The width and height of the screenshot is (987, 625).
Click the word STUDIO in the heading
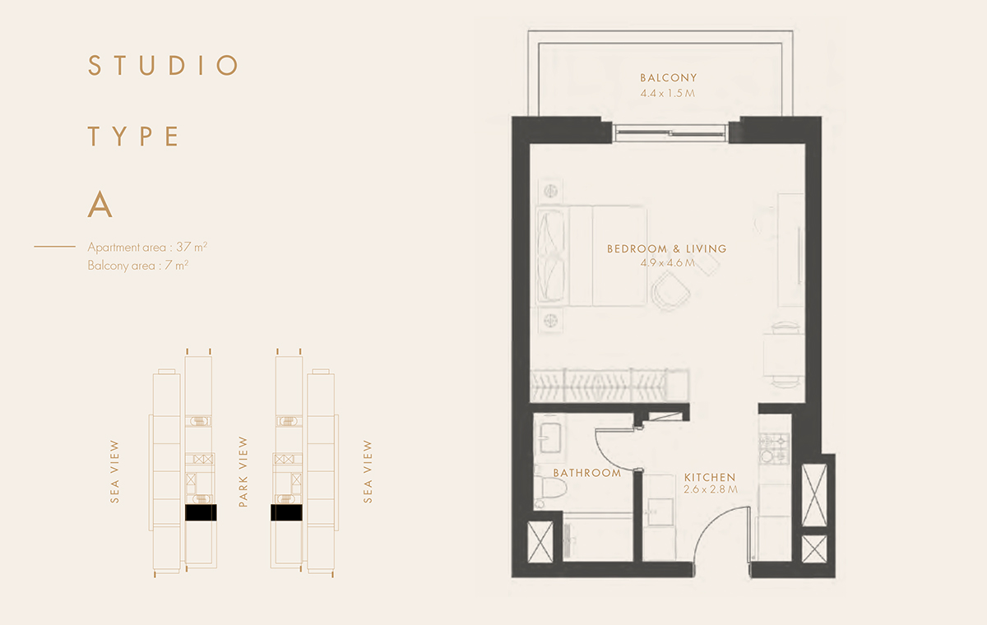point(163,66)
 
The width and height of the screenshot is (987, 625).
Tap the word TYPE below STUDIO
point(133,137)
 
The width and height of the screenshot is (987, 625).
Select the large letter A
point(100,206)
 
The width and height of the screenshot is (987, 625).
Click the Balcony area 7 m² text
point(138,266)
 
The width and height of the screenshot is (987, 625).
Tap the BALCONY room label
point(668,78)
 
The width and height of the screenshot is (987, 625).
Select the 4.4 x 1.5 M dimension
point(668,94)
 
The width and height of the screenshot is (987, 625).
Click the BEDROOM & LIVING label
point(666,248)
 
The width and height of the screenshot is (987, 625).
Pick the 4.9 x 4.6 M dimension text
point(666,263)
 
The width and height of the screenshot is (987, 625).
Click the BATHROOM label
point(586,473)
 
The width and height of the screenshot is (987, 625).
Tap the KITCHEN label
point(710,477)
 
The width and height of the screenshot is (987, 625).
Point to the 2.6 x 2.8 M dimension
point(710,490)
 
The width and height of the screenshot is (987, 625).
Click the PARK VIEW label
point(243,471)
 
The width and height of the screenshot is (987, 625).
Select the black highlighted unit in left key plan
point(201,513)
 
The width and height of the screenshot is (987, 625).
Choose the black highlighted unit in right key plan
point(286,513)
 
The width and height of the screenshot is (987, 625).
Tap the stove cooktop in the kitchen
point(773,448)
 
